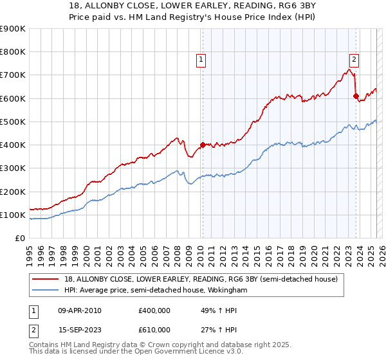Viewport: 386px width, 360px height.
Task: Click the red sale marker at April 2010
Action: point(203,145)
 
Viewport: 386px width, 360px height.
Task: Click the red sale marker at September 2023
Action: point(356,96)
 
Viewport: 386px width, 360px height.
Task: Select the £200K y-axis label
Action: point(13,192)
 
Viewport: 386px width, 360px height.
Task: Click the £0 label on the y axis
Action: point(21,239)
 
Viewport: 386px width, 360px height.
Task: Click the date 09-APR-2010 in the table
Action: point(80,310)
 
